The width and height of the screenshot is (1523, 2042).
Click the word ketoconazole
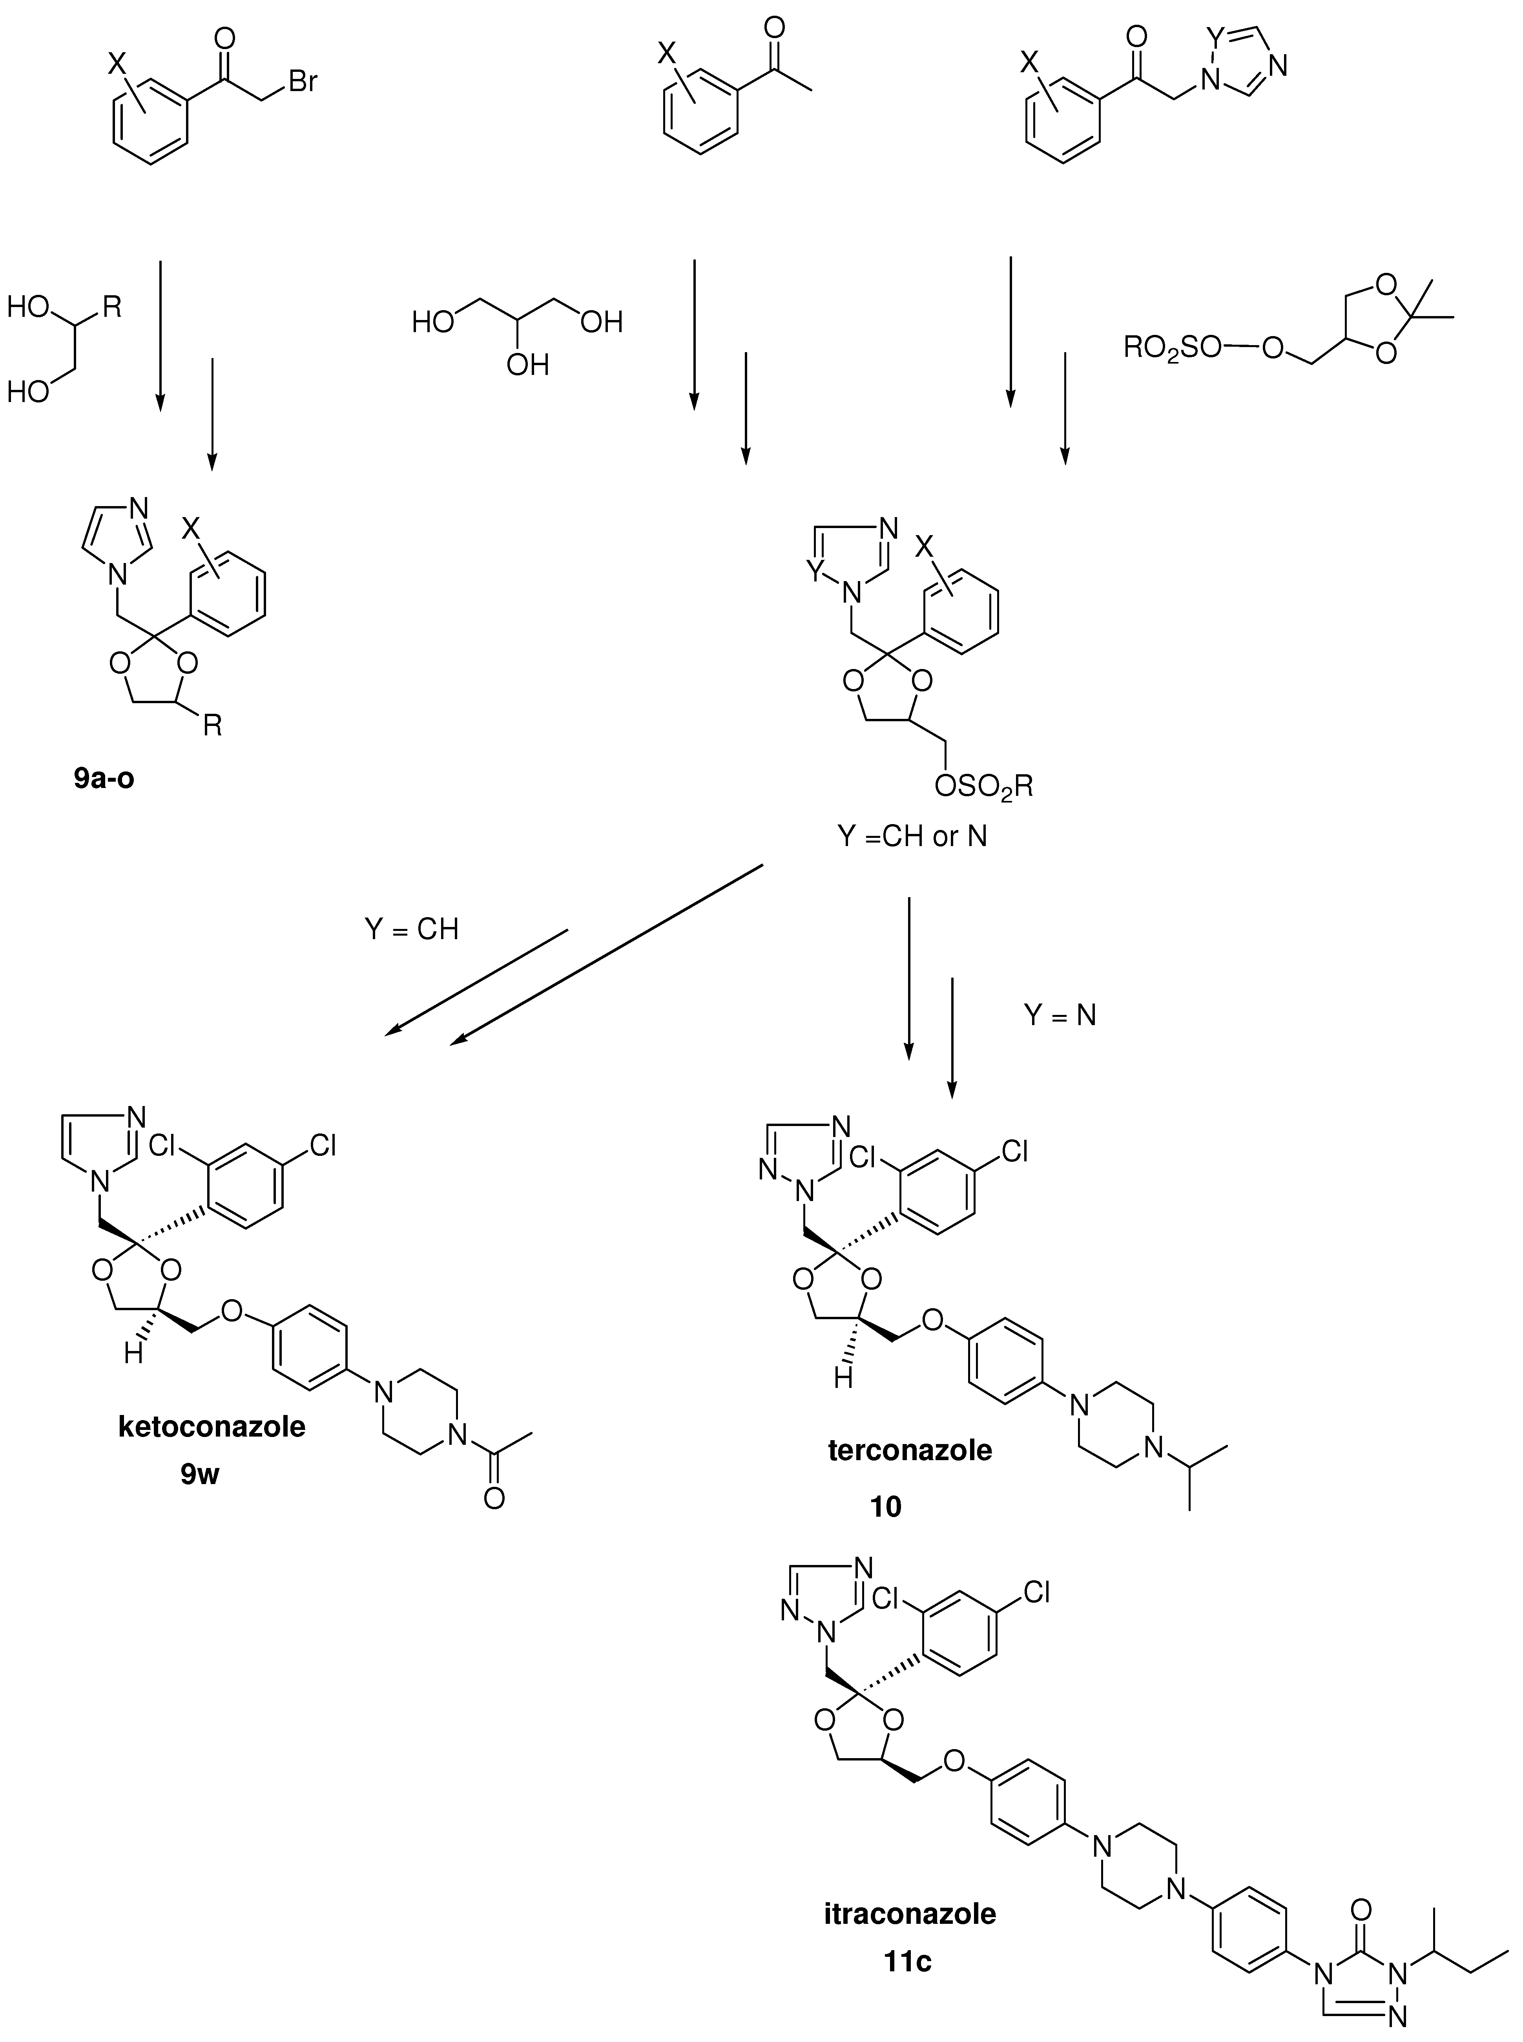pyautogui.click(x=212, y=1427)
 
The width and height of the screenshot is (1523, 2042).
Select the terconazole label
pyautogui.click(x=910, y=1450)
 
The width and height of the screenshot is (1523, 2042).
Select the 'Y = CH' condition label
pyautogui.click(x=411, y=929)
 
